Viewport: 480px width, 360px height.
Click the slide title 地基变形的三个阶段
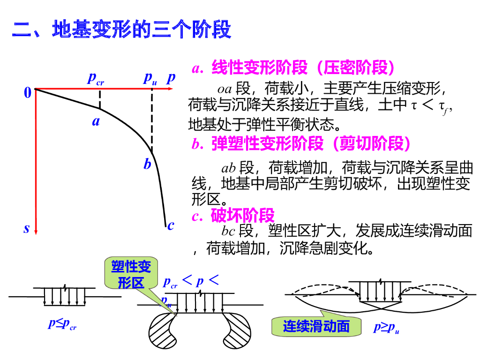[x=121, y=29]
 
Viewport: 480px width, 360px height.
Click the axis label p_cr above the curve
[x=96, y=78]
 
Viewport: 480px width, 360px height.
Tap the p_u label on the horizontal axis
[x=150, y=78]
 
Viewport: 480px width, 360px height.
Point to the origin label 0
[x=28, y=93]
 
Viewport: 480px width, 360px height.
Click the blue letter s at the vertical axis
[x=27, y=229]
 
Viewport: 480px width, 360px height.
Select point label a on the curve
[x=96, y=122]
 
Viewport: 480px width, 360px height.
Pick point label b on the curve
[x=147, y=165]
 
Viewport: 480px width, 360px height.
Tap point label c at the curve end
[x=171, y=225]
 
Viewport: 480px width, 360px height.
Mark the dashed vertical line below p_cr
[x=100, y=99]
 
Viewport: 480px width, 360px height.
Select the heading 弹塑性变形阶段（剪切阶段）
[x=303, y=144]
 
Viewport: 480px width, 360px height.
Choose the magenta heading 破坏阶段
[x=233, y=216]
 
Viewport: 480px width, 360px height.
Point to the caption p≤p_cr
[x=62, y=324]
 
